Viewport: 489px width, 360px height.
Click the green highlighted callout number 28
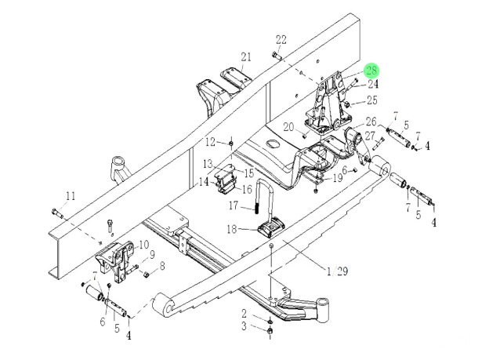click(x=371, y=71)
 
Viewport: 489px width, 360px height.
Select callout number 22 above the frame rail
click(x=281, y=40)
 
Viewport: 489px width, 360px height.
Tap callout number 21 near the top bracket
click(x=246, y=57)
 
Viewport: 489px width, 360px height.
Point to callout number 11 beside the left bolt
click(x=71, y=196)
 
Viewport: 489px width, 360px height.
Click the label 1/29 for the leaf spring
click(x=338, y=271)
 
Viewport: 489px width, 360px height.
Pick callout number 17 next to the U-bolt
click(x=234, y=205)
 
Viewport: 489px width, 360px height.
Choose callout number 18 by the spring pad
click(x=232, y=230)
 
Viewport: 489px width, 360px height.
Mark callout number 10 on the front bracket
click(x=144, y=245)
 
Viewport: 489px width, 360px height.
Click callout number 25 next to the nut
click(x=372, y=100)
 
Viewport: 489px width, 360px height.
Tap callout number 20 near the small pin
click(x=288, y=127)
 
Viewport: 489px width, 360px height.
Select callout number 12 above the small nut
click(x=211, y=143)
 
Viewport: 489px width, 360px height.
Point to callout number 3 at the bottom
click(x=244, y=326)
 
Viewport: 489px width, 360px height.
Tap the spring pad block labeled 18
click(x=271, y=227)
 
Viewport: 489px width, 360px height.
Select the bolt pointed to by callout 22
click(x=277, y=56)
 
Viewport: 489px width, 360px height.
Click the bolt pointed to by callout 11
click(x=57, y=213)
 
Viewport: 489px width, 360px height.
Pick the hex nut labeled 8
click(x=146, y=275)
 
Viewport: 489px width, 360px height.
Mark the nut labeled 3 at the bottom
click(x=270, y=331)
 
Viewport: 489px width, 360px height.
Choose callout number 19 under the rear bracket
click(x=338, y=178)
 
